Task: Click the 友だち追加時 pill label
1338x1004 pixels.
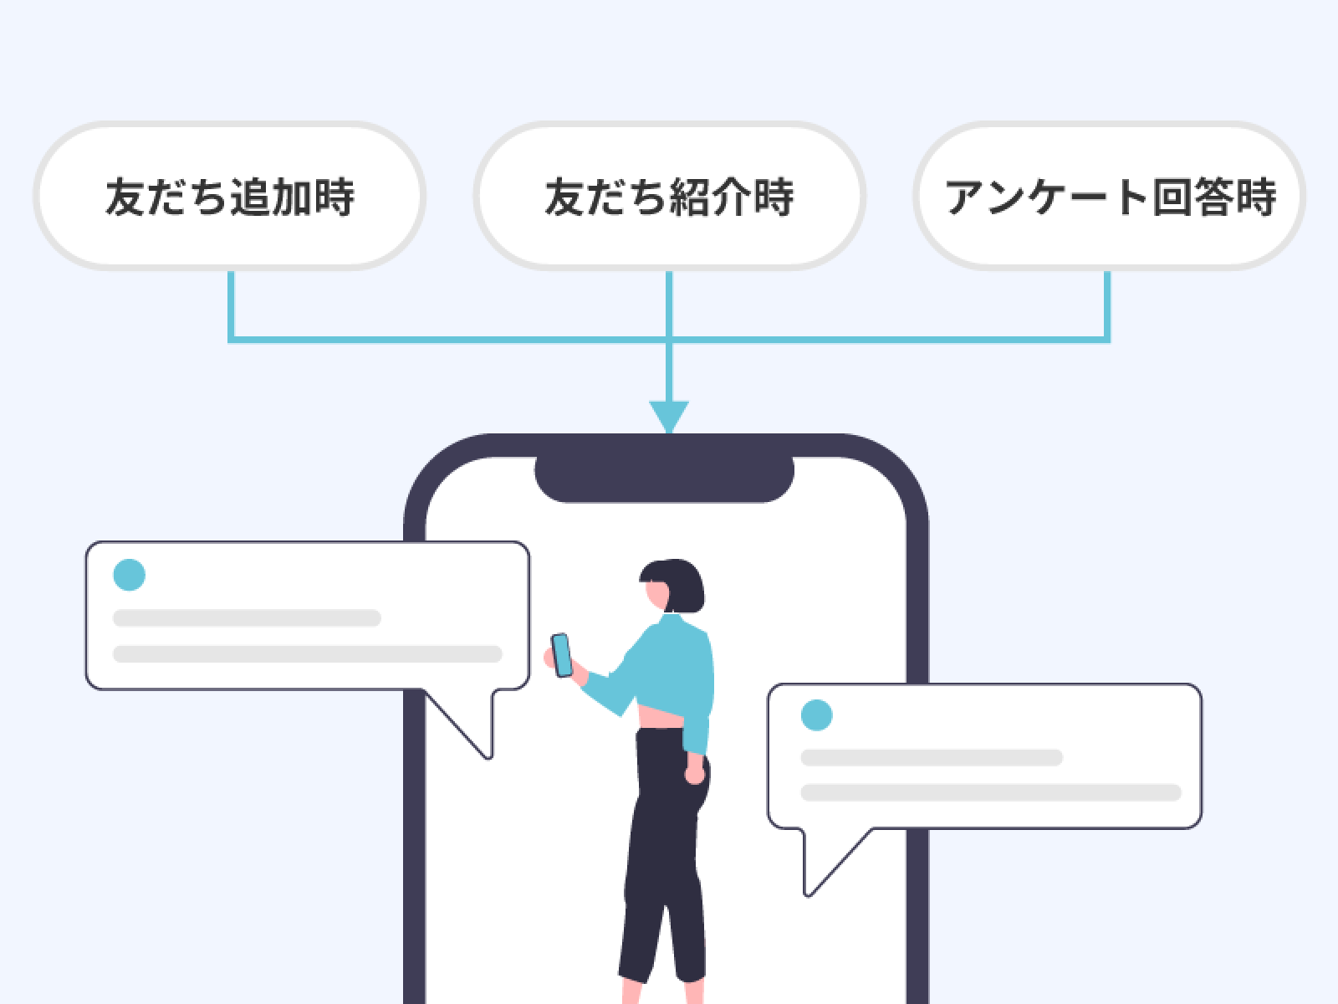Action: pyautogui.click(x=229, y=196)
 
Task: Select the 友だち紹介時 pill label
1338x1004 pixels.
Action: pyautogui.click(x=669, y=196)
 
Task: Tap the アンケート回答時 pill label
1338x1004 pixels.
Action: pyautogui.click(x=1109, y=196)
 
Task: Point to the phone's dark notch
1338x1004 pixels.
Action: pyautogui.click(x=664, y=477)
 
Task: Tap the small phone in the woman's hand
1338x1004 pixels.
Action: pyautogui.click(x=561, y=654)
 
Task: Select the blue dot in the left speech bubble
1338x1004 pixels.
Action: pyautogui.click(x=130, y=575)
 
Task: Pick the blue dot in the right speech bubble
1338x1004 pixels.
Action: pyautogui.click(x=817, y=715)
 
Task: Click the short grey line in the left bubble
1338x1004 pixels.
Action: pyautogui.click(x=247, y=618)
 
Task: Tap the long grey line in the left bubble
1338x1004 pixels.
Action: pyautogui.click(x=307, y=653)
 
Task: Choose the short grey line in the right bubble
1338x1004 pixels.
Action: pyautogui.click(x=932, y=758)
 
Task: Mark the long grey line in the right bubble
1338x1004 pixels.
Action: pyautogui.click(x=991, y=792)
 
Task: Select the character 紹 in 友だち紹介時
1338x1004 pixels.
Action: pyautogui.click(x=690, y=197)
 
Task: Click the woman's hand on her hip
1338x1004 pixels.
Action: pyautogui.click(x=694, y=774)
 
